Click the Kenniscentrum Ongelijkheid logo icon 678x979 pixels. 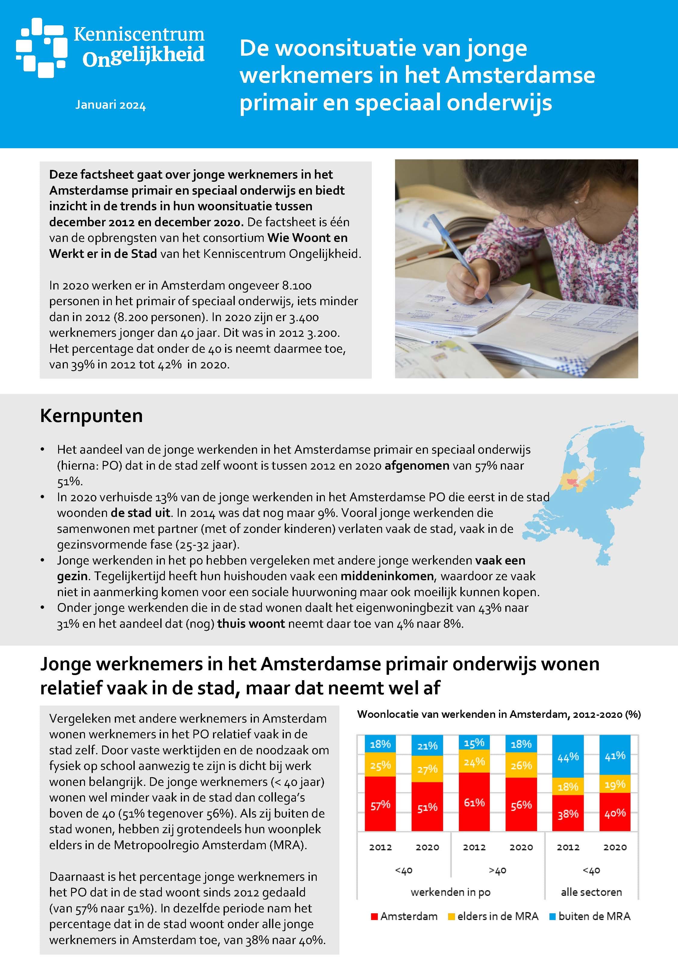point(42,48)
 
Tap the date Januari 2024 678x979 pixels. point(111,105)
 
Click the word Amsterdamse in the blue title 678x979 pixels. point(520,75)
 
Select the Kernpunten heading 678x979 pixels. point(91,416)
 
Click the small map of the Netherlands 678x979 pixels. point(595,493)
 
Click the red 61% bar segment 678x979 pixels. point(474,802)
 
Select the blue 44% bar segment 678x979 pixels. point(568,756)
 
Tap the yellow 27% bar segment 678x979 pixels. point(427,769)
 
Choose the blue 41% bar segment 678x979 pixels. point(615,755)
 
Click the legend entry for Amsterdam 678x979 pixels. point(404,916)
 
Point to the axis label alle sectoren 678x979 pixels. point(591,892)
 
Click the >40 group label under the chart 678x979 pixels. point(498,870)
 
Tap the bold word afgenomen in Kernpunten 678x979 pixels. point(417,466)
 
